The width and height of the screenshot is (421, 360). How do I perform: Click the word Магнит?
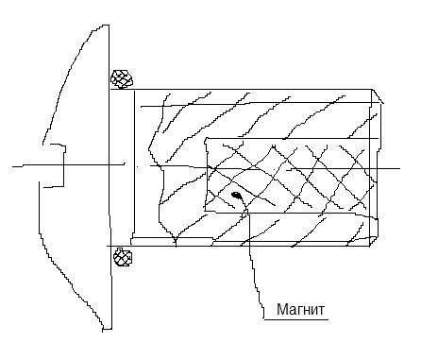(x=300, y=309)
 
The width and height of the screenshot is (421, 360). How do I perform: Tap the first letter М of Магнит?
(x=281, y=309)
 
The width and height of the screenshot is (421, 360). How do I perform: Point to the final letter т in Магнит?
(x=321, y=311)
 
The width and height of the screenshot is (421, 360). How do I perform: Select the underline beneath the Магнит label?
(x=295, y=319)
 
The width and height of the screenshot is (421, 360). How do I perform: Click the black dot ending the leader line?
(x=236, y=195)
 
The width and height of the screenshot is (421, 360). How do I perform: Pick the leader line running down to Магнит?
(x=252, y=258)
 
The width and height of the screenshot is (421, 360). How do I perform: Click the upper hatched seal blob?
(x=122, y=78)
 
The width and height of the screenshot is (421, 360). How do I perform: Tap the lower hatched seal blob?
(x=123, y=257)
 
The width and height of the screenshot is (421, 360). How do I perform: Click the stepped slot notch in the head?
(x=64, y=166)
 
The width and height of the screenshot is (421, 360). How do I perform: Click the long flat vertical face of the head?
(x=109, y=178)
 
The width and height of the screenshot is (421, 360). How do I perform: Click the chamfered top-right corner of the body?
(x=378, y=96)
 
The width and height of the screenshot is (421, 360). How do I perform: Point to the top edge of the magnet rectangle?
(x=291, y=138)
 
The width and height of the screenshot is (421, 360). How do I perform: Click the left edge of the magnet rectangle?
(x=207, y=175)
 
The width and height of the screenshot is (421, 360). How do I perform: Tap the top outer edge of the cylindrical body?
(x=241, y=90)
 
